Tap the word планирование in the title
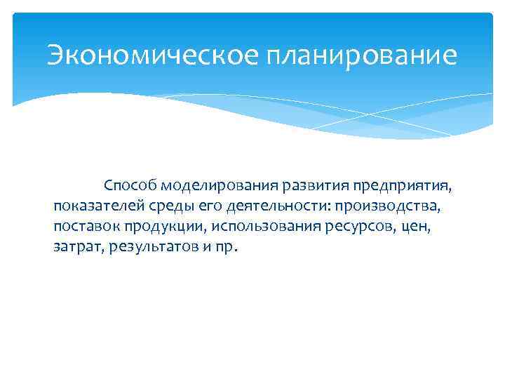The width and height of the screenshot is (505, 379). pyautogui.click(x=361, y=55)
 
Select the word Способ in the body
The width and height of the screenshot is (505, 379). pyautogui.click(x=130, y=186)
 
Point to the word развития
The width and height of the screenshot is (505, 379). pyautogui.click(x=314, y=186)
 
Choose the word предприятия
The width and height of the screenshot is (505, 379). pyautogui.click(x=403, y=186)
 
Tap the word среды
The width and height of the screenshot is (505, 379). pyautogui.click(x=168, y=207)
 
